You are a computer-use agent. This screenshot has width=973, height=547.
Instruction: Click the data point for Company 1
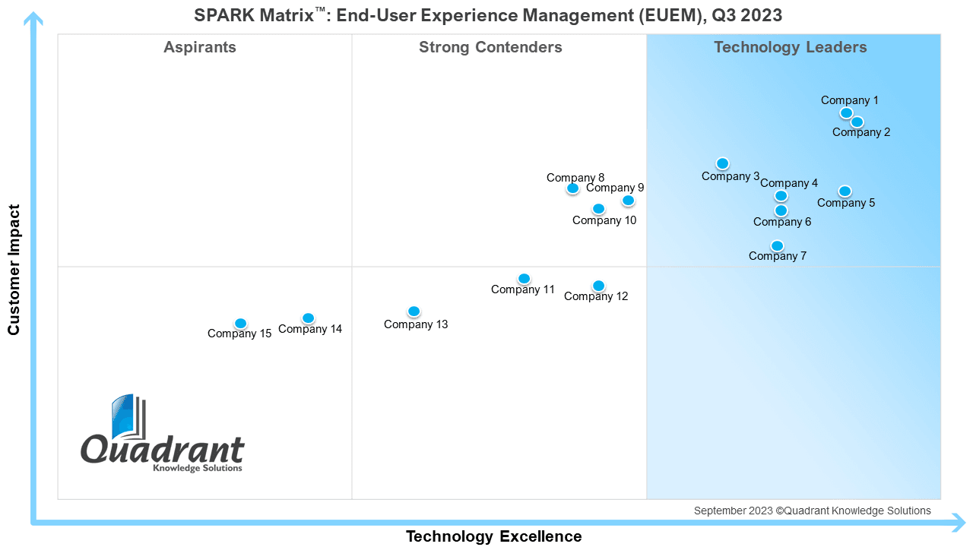point(846,113)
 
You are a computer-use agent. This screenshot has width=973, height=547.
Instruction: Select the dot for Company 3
point(722,163)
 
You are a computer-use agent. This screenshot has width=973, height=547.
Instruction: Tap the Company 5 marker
point(845,191)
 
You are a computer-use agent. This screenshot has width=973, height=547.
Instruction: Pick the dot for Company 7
point(777,246)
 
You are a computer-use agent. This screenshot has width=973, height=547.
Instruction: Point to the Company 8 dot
point(573,188)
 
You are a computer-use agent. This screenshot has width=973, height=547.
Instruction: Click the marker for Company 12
point(598,286)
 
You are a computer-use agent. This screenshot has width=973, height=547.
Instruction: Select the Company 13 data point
point(414,311)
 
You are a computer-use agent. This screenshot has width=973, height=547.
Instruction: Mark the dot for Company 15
point(241,324)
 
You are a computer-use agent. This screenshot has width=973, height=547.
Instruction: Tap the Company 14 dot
point(309,318)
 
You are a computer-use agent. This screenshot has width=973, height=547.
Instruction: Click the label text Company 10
point(604,220)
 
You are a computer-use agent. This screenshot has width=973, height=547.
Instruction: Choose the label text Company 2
point(861,132)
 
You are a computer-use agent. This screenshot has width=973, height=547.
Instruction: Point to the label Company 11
point(522,289)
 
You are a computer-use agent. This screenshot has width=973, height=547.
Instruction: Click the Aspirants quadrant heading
point(200,47)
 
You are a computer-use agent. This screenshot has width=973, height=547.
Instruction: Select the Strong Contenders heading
point(490,47)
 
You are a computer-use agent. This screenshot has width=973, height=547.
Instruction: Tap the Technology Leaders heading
point(791,47)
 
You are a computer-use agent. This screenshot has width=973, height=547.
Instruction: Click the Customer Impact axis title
point(14,270)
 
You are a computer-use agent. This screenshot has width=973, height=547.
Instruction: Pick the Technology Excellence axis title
point(494,536)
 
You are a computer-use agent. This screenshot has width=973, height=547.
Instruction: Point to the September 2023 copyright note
point(813,511)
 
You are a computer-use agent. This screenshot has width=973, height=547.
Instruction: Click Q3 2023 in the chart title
point(746,16)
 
